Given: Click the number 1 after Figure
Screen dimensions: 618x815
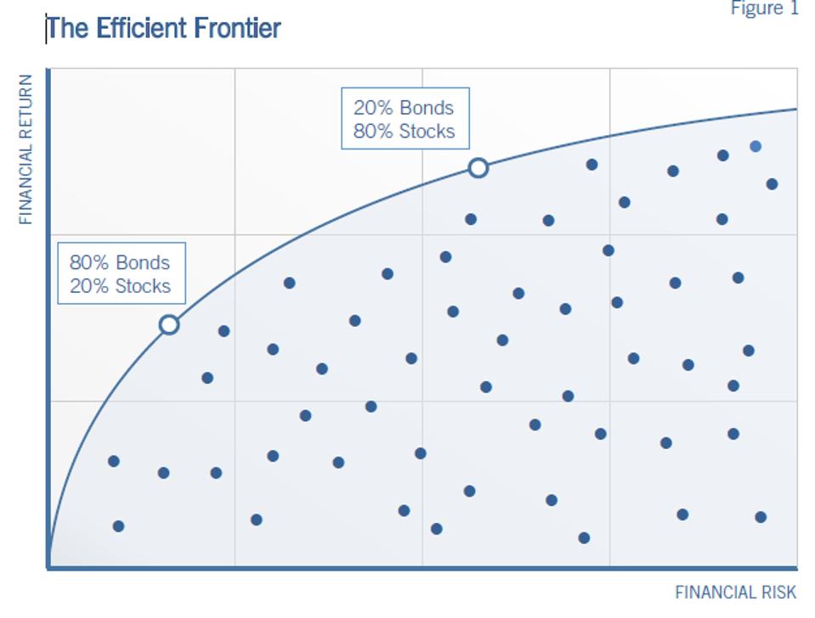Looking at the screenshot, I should coord(795,8).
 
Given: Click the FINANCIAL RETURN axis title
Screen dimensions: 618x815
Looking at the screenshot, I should coord(25,149).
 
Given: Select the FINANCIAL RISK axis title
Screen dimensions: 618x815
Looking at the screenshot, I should coord(736,593).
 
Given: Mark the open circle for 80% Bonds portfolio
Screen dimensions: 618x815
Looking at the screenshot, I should coord(169,324).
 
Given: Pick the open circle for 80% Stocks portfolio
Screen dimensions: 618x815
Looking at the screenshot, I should coord(478,168).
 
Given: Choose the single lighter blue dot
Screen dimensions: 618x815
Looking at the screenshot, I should coord(756,146).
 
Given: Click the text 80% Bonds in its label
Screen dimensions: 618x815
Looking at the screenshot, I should coord(120,263).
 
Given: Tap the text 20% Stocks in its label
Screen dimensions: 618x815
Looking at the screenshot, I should coord(120,286).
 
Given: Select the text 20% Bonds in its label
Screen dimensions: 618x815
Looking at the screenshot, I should coord(404,108).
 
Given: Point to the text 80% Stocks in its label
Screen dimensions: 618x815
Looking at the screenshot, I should coord(404,132).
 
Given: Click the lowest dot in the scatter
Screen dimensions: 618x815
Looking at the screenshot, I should coord(584,537).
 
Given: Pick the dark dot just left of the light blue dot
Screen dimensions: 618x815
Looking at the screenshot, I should coord(723,155).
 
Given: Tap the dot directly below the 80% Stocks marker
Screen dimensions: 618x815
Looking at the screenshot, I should coord(471,219).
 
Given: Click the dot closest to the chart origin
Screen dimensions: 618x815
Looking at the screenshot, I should coord(118,526).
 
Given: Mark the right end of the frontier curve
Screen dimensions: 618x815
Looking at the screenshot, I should coord(795,109).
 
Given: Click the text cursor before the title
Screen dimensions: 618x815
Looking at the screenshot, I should coord(47,28).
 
